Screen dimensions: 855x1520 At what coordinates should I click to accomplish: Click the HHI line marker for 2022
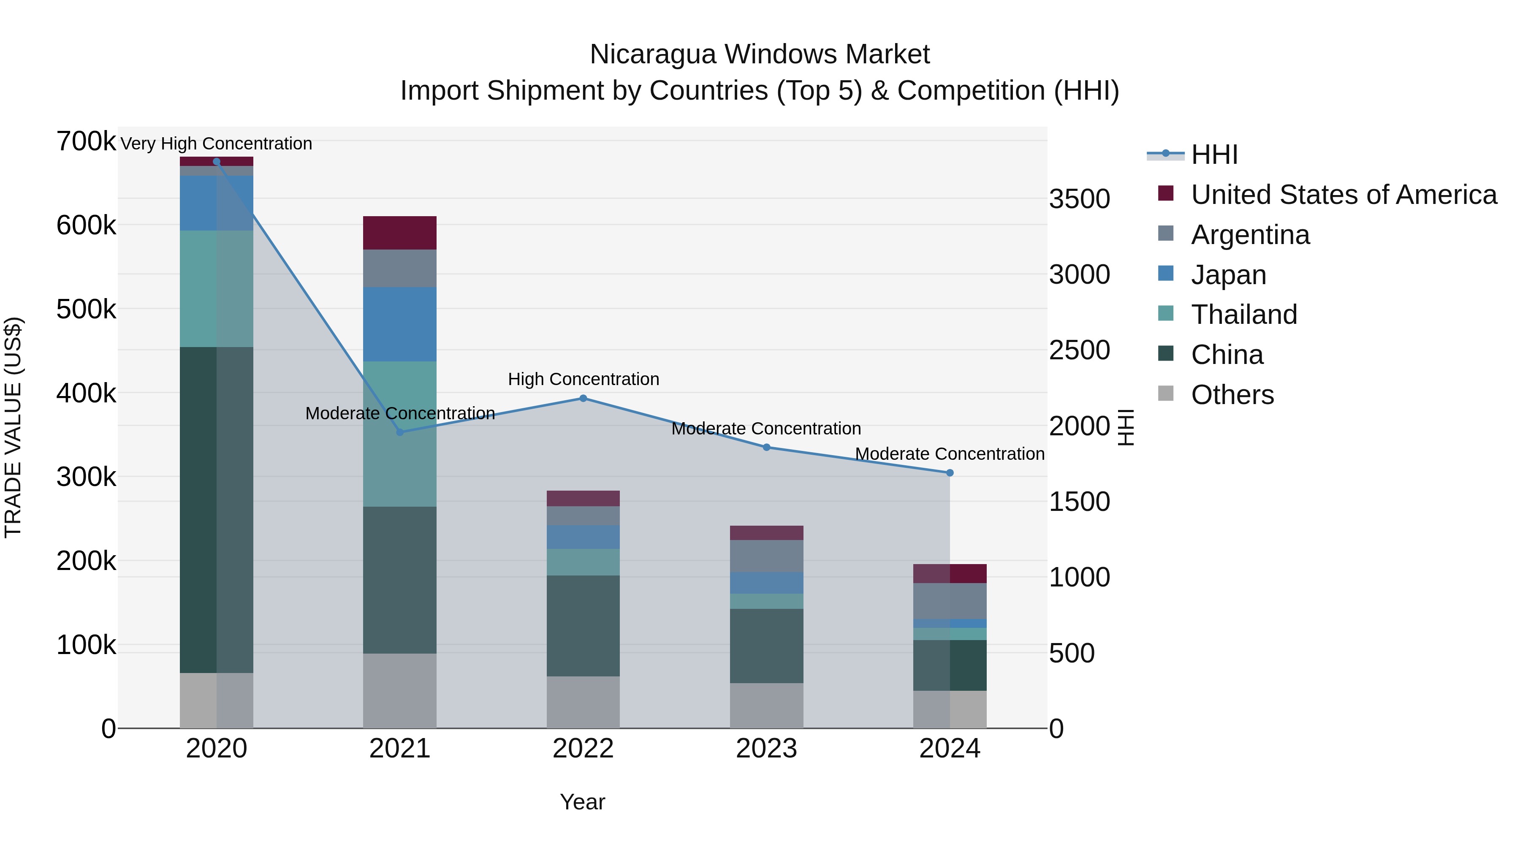coord(583,398)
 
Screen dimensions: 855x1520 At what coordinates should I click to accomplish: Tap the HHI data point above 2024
coord(950,472)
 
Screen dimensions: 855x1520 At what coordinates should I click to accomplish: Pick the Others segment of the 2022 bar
coord(583,702)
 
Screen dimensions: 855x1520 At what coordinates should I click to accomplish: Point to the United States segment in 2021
coord(399,233)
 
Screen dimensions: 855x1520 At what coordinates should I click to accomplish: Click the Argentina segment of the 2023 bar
coord(766,556)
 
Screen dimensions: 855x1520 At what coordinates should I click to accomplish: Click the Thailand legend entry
coord(1244,315)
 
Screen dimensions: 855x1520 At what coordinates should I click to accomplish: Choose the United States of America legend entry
coord(1343,195)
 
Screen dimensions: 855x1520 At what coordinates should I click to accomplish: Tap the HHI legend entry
coord(1214,155)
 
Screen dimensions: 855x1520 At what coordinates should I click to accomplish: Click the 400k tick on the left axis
coord(86,393)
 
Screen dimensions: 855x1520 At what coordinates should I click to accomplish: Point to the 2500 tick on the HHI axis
coord(1079,350)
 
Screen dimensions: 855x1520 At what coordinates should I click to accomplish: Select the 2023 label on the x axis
coord(766,749)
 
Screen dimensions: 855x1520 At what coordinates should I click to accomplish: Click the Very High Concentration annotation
coord(216,144)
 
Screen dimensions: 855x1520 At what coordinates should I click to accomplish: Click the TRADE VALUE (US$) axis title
coord(13,427)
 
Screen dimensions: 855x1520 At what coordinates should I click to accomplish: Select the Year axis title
coord(582,802)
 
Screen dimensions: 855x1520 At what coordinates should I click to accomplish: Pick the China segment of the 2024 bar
coord(950,665)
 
